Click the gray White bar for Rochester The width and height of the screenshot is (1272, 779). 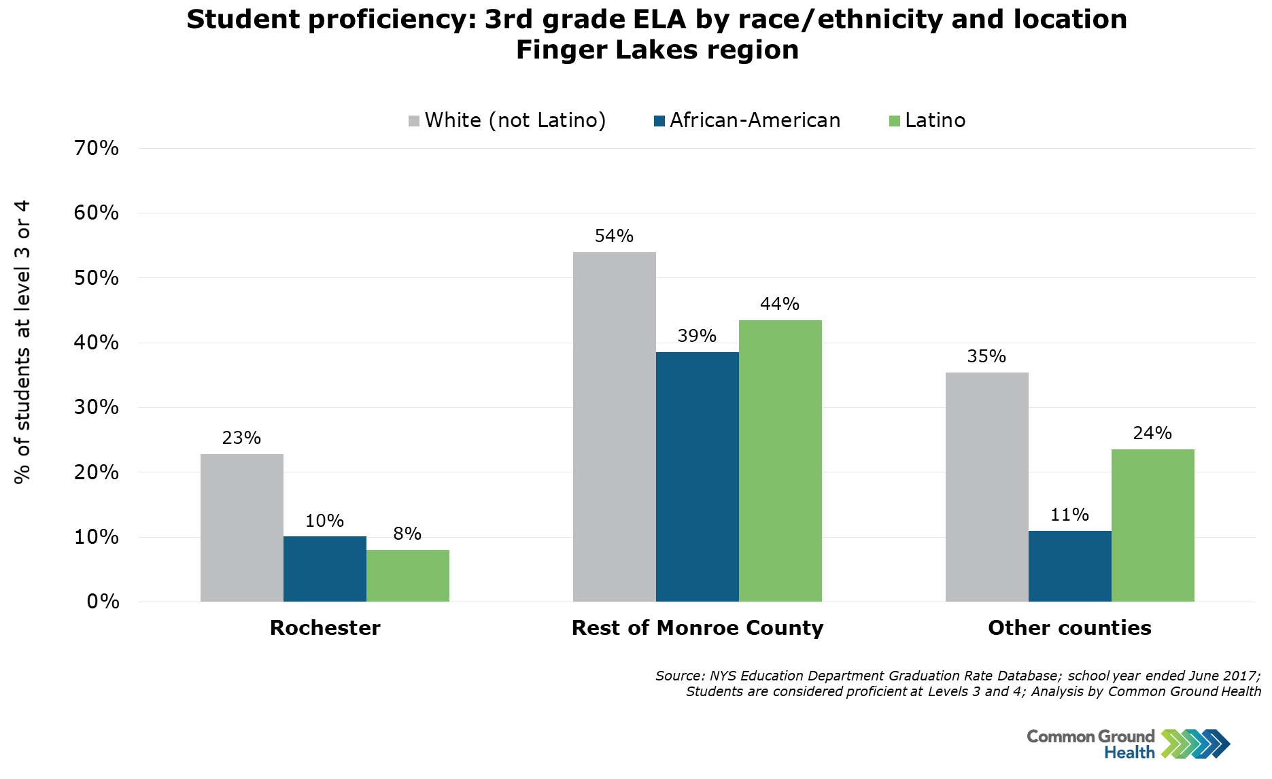(x=241, y=527)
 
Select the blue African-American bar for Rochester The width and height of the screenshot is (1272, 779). (x=324, y=569)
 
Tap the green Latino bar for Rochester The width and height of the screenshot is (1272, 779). (x=407, y=576)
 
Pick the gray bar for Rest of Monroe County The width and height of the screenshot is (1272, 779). (x=614, y=427)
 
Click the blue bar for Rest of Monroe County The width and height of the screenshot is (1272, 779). (x=697, y=477)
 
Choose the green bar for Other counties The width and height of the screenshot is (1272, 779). (x=1152, y=525)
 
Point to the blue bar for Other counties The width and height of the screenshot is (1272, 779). (x=1069, y=566)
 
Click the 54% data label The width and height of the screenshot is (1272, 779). (x=614, y=236)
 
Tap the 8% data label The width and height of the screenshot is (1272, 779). (x=407, y=534)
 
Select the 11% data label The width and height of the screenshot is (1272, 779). (x=1069, y=515)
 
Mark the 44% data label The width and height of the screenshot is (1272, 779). (x=780, y=304)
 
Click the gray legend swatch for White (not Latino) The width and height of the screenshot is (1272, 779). (x=414, y=121)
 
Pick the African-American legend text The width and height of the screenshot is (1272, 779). (x=755, y=120)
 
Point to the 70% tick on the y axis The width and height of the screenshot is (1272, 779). (x=96, y=148)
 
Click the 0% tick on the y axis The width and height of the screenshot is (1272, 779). (x=103, y=602)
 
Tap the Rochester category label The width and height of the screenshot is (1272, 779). (x=325, y=627)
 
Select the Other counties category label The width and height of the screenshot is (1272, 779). (x=1069, y=627)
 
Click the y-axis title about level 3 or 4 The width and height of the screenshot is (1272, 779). (x=22, y=342)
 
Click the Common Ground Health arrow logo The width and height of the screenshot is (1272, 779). (x=1195, y=744)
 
